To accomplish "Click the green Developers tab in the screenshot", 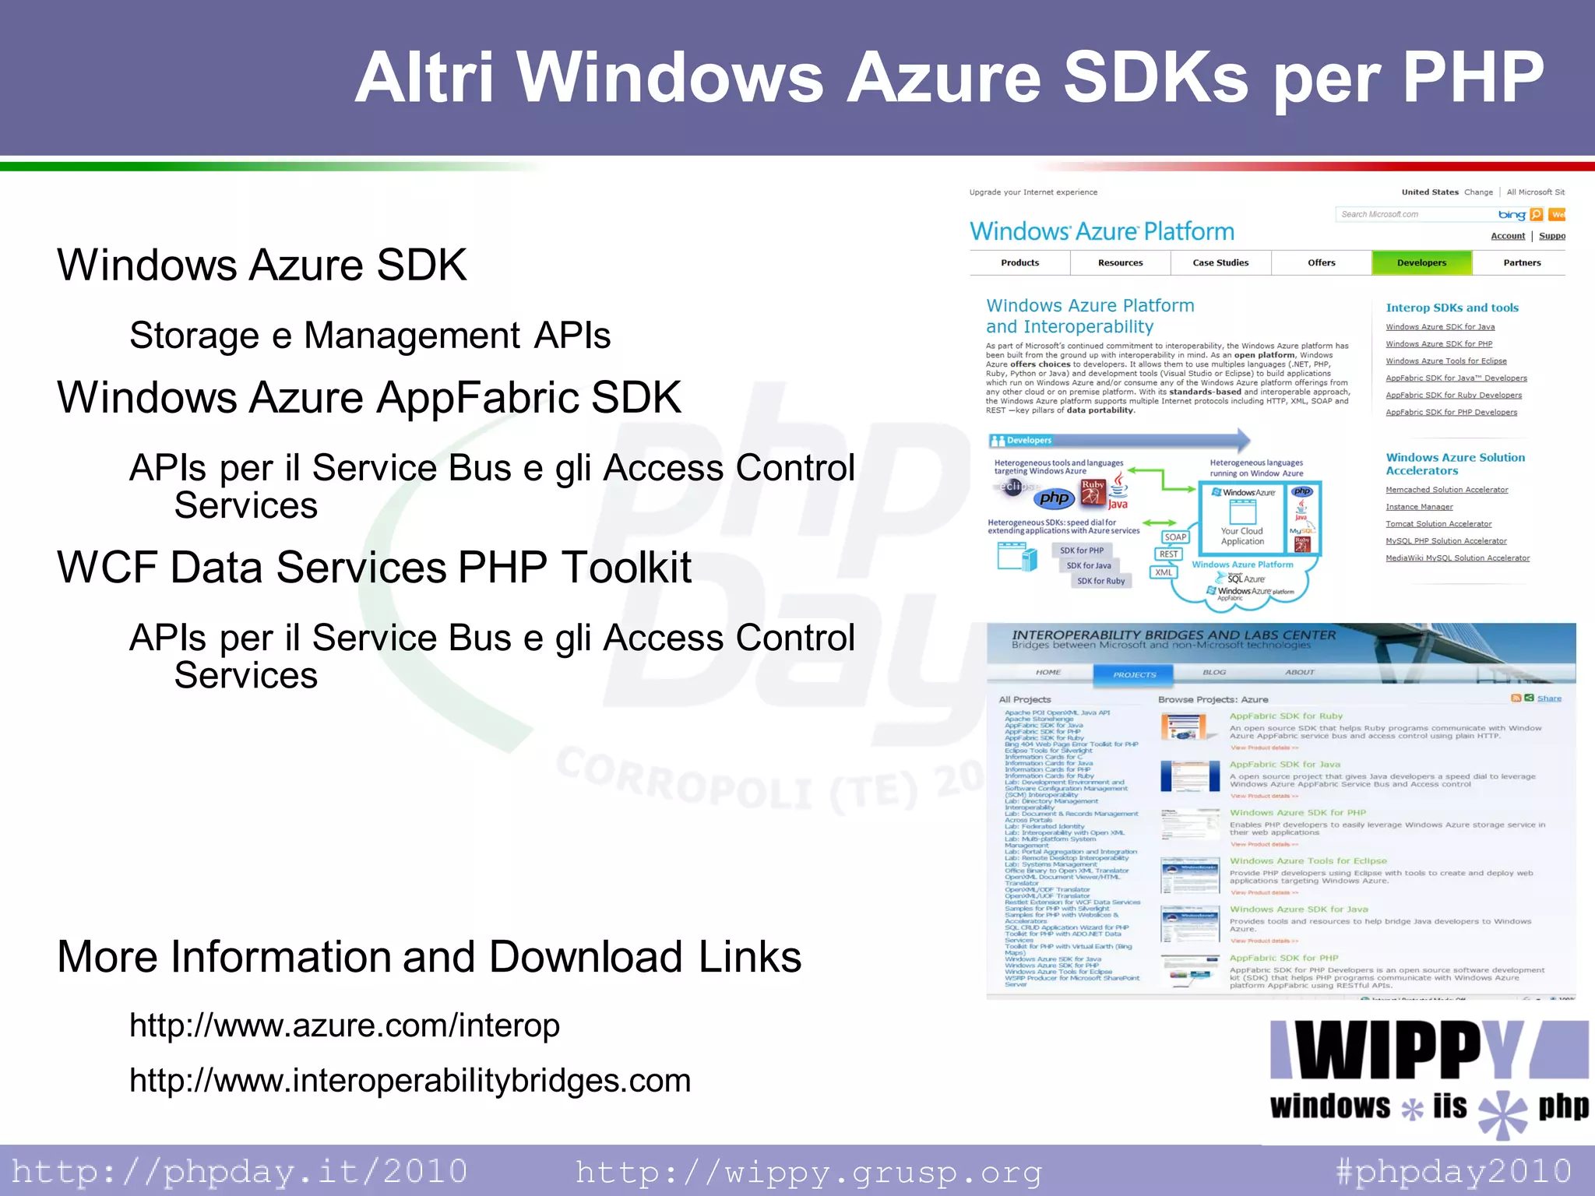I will point(1421,263).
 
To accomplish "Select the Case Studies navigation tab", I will point(1220,263).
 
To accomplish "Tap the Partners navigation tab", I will point(1522,263).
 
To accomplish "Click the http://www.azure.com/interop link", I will point(344,1025).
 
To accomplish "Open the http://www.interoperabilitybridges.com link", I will point(410,1081).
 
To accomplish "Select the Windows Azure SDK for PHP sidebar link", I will point(1438,344).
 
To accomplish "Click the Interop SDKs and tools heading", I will point(1452,308).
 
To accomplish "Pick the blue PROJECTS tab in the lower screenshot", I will point(1134,674).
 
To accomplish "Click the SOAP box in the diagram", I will point(1175,537).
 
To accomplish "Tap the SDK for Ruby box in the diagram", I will point(1100,581).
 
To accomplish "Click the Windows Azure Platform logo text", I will point(1101,232).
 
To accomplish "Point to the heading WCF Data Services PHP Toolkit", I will point(374,567).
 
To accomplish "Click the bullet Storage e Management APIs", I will point(370,336).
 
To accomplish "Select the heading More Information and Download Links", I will point(429,957).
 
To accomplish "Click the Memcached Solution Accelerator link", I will point(1446,490).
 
